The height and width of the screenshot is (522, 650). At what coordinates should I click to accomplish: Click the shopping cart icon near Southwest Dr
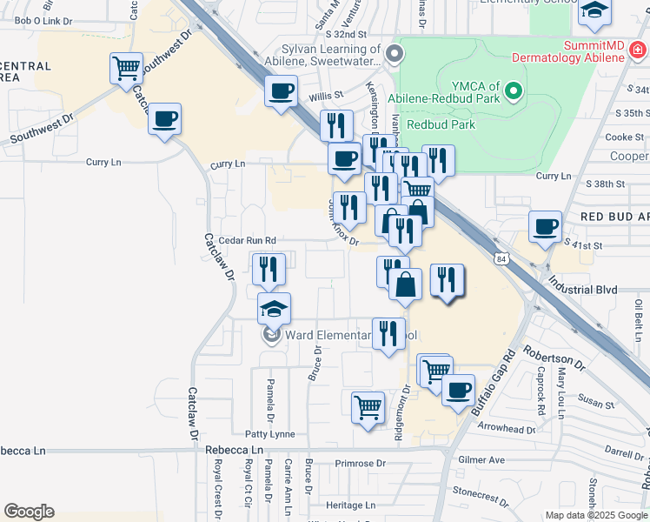[126, 67]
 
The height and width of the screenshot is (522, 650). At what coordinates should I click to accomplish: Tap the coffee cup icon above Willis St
[281, 91]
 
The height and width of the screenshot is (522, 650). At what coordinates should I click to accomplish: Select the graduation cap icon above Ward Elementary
[274, 309]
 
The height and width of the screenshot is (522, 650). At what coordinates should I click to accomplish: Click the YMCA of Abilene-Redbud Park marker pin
[514, 90]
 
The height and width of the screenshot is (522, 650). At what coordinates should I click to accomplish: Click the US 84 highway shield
[501, 258]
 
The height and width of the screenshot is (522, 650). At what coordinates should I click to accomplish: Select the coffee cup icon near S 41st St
[545, 226]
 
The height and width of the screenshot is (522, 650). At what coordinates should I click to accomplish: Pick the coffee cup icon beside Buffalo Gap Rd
[458, 390]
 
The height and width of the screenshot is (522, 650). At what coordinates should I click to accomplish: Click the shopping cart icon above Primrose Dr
[368, 406]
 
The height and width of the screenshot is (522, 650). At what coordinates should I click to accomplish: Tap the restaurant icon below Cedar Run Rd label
[268, 269]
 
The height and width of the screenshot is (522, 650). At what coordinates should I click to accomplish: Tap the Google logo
[29, 512]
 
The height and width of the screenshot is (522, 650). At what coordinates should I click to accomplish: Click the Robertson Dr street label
[554, 358]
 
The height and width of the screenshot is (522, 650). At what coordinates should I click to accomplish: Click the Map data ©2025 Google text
[596, 514]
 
